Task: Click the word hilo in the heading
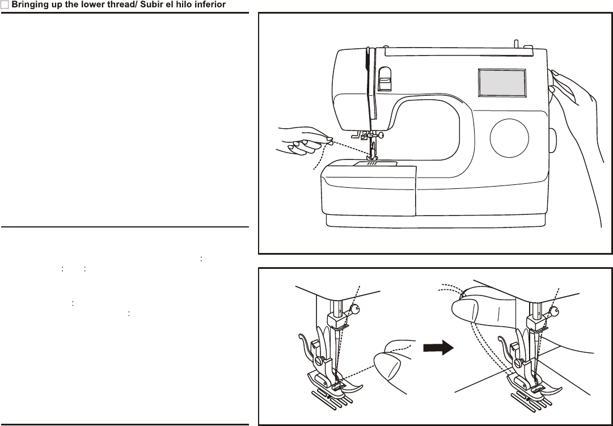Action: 183,5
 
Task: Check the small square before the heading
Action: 5,5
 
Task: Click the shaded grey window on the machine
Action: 502,83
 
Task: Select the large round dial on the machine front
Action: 509,138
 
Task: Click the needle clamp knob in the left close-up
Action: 356,309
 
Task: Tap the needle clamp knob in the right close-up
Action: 555,311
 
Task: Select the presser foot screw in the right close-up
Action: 519,360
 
